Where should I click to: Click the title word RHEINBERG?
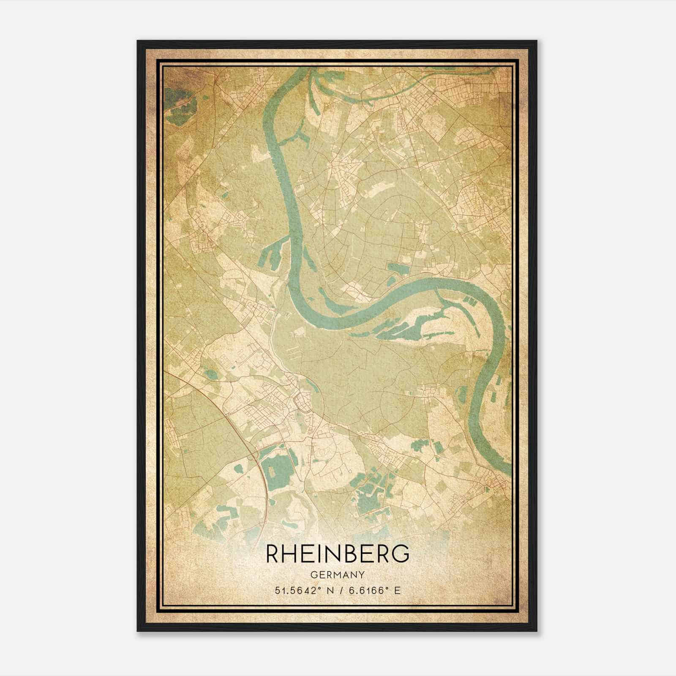coord(338,554)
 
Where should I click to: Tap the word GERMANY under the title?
coord(338,575)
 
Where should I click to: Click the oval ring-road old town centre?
coord(303,399)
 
